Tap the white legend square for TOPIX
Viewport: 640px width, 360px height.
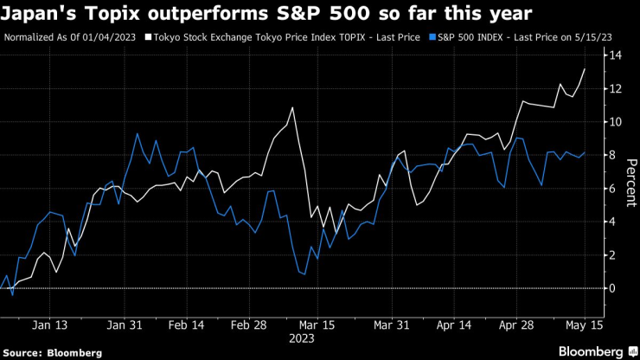(148, 38)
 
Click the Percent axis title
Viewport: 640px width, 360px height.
(631, 181)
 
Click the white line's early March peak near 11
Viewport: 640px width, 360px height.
(292, 108)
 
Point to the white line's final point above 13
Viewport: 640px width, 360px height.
(586, 68)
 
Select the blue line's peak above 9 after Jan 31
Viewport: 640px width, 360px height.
(138, 133)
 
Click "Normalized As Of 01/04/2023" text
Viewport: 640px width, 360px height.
(72, 38)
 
